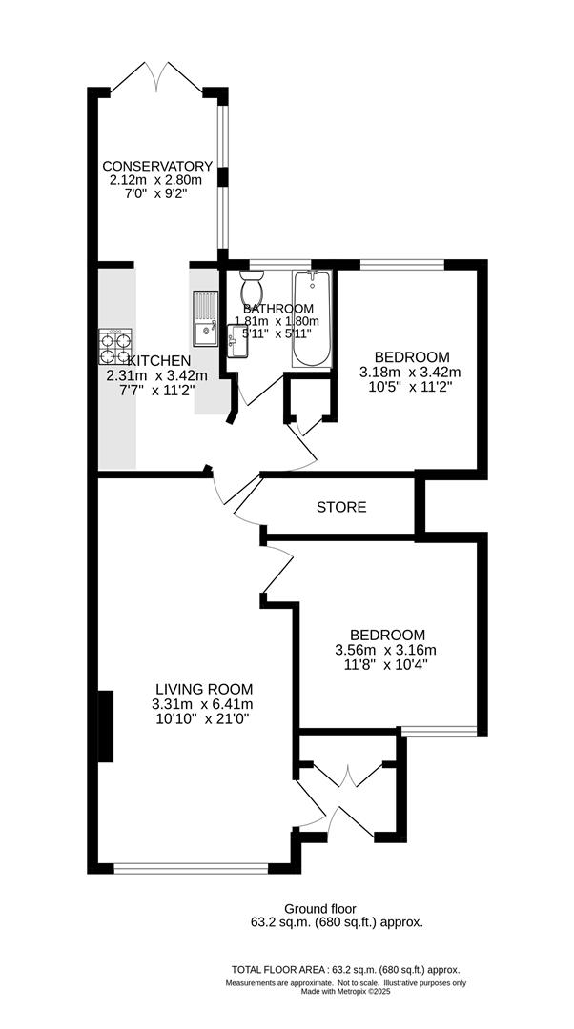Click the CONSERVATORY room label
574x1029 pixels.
[x=157, y=166]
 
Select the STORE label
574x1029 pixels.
[x=341, y=508]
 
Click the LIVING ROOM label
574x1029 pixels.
[x=205, y=689]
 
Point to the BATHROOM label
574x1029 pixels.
[x=278, y=309]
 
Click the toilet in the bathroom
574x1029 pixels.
[x=253, y=286]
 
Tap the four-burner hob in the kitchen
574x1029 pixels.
[x=114, y=346]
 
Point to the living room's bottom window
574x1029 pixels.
[x=191, y=868]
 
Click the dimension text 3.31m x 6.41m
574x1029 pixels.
[x=205, y=704]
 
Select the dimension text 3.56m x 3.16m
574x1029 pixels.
[x=386, y=651]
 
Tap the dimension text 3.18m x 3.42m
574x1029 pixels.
[x=410, y=372]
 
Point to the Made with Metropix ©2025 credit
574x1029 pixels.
[x=345, y=991]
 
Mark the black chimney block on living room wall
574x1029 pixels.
[x=106, y=726]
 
